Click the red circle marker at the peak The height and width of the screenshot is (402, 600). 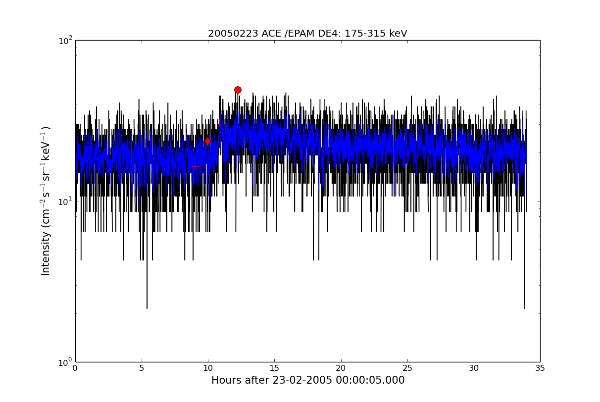238,90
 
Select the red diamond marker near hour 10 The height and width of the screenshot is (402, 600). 207,141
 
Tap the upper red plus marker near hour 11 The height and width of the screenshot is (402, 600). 219,123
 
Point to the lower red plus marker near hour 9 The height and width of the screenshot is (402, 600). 195,166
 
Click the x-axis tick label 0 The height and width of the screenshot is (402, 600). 75,368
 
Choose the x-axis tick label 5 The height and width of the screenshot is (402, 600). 142,368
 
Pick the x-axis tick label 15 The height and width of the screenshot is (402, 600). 274,368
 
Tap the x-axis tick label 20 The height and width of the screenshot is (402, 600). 341,368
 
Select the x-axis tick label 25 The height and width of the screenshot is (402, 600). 407,368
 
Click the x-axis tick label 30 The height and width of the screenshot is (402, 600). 474,368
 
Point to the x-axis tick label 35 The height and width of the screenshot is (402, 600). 540,368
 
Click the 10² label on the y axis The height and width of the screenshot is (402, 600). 65,41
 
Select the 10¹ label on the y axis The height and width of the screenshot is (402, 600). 65,201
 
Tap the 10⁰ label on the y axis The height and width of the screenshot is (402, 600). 65,362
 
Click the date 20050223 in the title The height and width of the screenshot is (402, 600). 233,34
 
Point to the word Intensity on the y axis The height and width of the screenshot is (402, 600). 46,253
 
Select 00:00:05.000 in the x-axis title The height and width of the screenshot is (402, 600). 370,380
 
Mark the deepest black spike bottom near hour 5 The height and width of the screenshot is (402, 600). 147,308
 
